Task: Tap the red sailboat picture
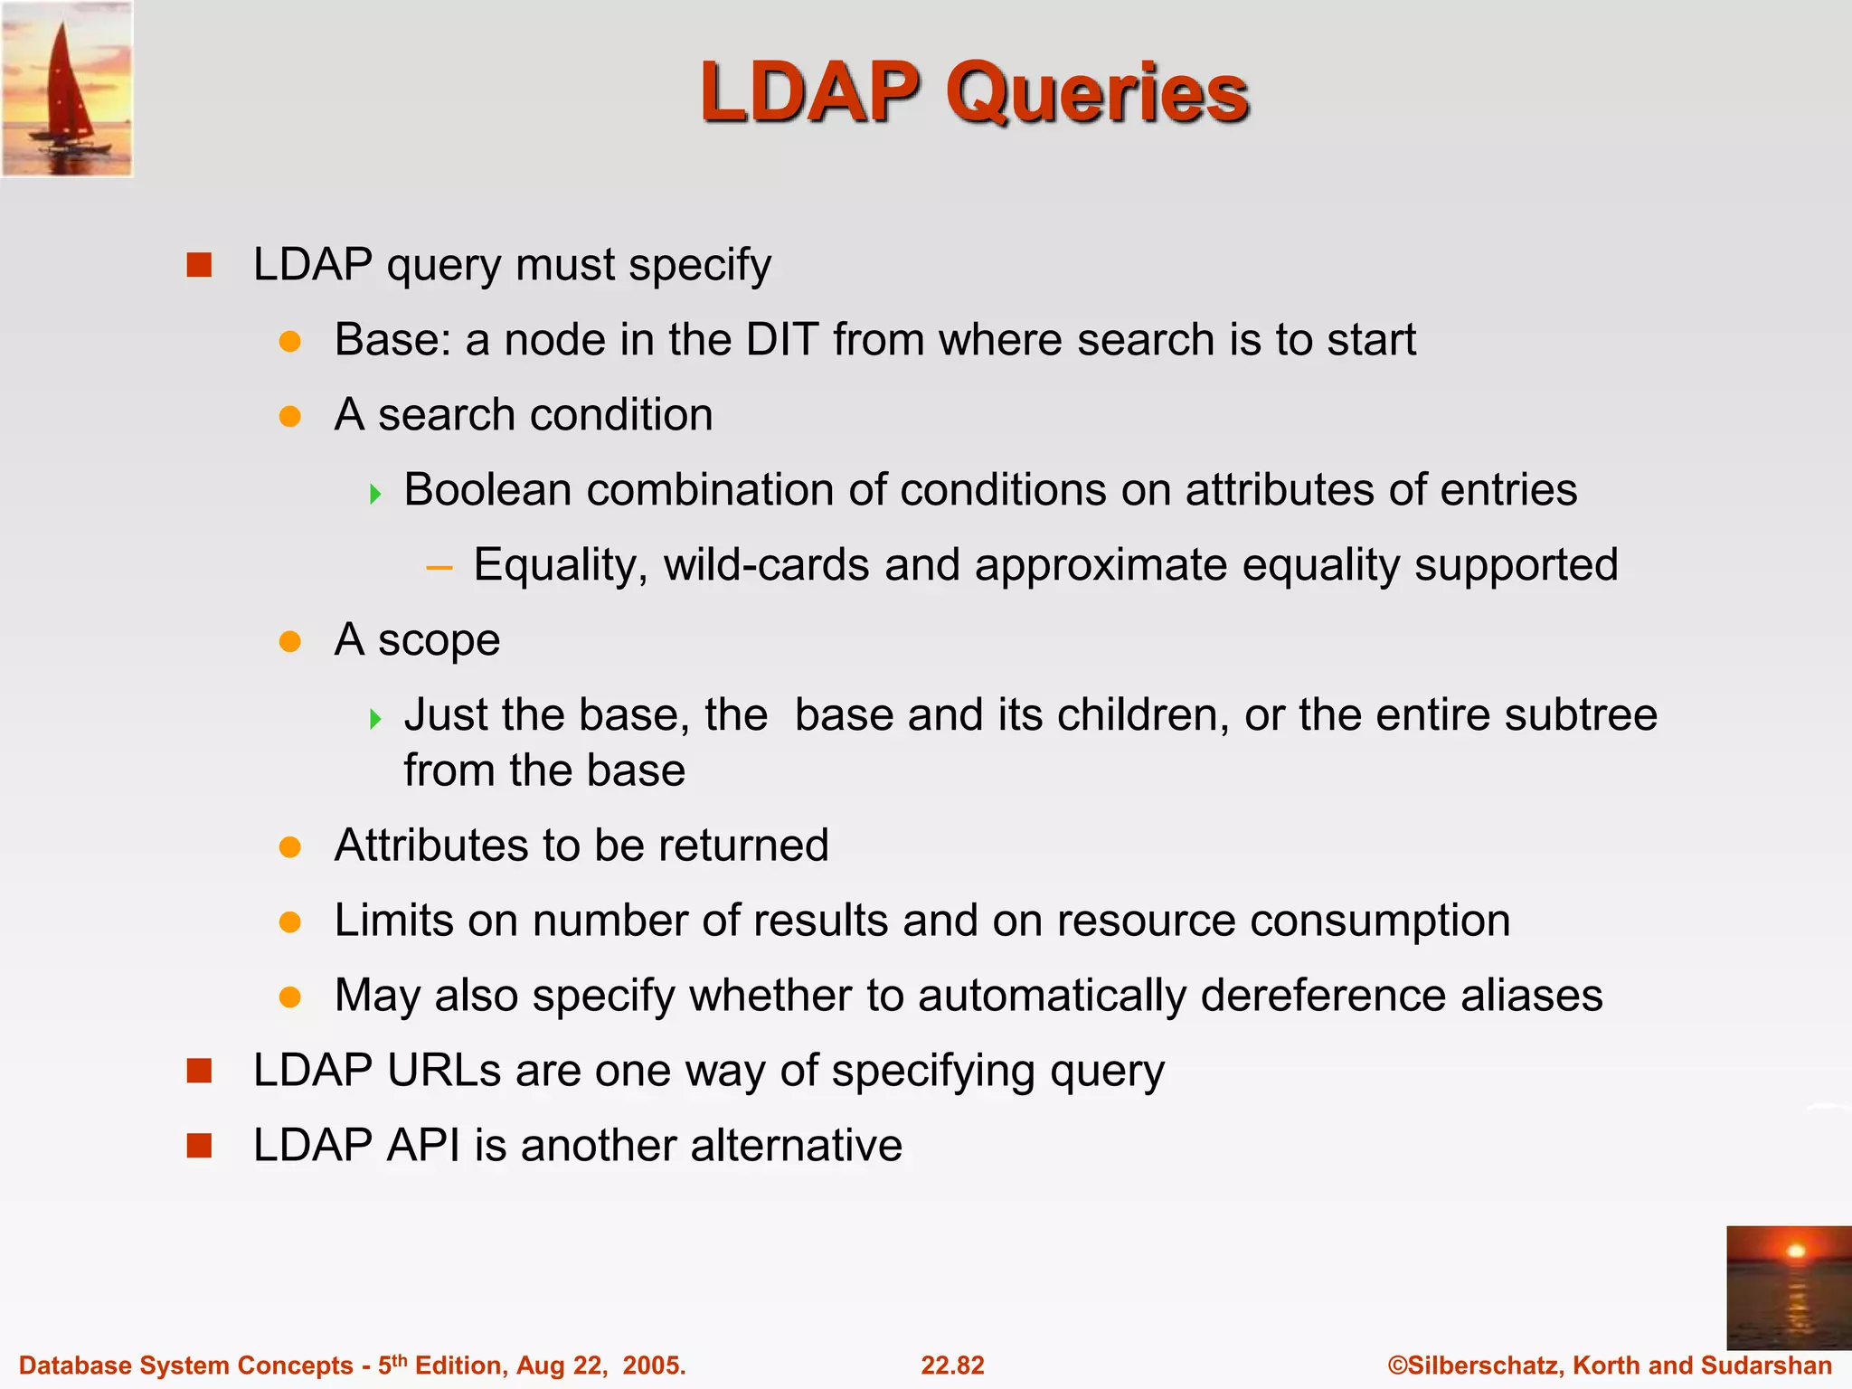pyautogui.click(x=67, y=89)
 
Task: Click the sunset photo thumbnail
pyautogui.click(x=1788, y=1288)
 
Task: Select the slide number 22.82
pyautogui.click(x=952, y=1365)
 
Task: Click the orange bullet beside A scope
pyautogui.click(x=289, y=642)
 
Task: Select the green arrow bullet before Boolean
pyautogui.click(x=376, y=494)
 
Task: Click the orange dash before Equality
pyautogui.click(x=439, y=568)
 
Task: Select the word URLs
pyautogui.click(x=443, y=1071)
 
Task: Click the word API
pyautogui.click(x=423, y=1146)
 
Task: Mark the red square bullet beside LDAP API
pyautogui.click(x=199, y=1146)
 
